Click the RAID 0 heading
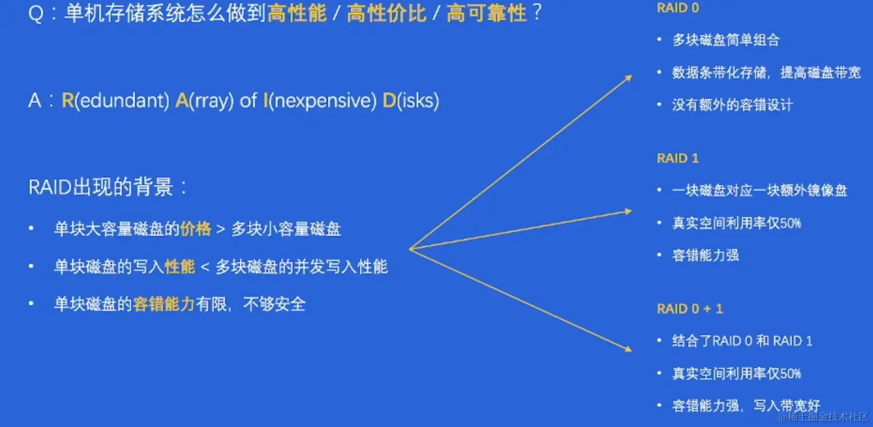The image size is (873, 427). coord(678,8)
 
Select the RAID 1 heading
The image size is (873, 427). coord(678,158)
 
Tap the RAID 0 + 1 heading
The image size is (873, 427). coord(690,309)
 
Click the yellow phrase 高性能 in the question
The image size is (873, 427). coord(297,14)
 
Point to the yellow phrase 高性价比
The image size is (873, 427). coord(387,14)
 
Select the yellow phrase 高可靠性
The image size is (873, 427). coord(487,14)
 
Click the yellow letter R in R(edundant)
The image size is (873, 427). coord(68,100)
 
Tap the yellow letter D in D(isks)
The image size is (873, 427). coord(389,100)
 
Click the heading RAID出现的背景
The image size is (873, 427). coord(101,187)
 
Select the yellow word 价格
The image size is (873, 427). coord(196,229)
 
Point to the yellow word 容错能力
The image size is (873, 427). coord(163,304)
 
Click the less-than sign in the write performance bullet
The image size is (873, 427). coord(205,267)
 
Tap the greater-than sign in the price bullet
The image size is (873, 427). coord(220,229)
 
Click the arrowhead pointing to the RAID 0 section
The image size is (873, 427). coord(628,78)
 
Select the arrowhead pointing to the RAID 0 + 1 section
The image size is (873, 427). coord(628,349)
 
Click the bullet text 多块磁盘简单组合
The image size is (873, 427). coord(726,40)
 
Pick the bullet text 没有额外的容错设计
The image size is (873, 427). coord(732,104)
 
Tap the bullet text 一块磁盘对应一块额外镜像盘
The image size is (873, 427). coord(760,190)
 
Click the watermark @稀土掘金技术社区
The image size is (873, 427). coord(823,417)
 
